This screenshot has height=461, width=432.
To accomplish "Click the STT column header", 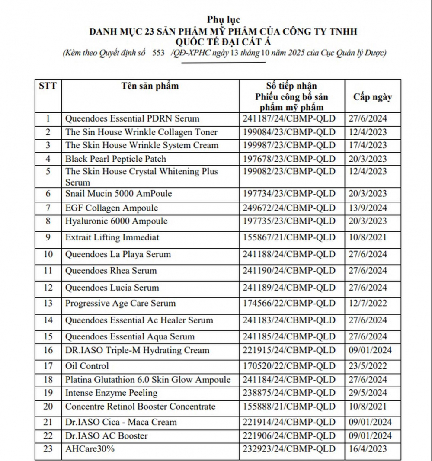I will (x=48, y=86).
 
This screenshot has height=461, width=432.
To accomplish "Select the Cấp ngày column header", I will (x=372, y=96).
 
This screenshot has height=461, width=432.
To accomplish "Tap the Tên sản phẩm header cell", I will (x=150, y=86).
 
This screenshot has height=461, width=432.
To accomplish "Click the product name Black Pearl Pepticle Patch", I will (x=115, y=159).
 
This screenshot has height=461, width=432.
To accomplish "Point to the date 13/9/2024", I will (x=368, y=208).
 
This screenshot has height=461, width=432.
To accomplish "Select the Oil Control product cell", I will (x=87, y=366).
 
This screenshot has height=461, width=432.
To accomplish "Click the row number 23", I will (x=48, y=449).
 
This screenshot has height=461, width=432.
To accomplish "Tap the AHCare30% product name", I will (x=90, y=449).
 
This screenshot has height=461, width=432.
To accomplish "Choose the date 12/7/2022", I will (x=368, y=304).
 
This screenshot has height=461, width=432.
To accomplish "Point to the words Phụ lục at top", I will (x=223, y=19).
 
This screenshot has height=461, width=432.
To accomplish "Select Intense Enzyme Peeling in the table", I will (x=111, y=393).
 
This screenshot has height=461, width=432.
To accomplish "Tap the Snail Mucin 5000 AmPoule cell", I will (x=118, y=193).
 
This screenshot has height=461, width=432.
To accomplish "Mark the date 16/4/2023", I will (x=368, y=449).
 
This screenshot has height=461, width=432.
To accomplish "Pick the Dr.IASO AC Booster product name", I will (x=106, y=435).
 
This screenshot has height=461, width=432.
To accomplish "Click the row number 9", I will (x=48, y=237).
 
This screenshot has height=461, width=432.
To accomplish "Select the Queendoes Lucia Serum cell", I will (x=112, y=288).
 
